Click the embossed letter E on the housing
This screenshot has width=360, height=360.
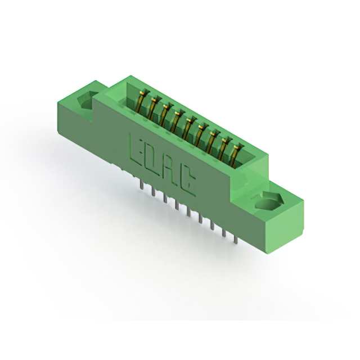(136, 150)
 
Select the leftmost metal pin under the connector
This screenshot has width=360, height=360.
(142, 184)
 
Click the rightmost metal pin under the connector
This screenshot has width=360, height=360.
(235, 238)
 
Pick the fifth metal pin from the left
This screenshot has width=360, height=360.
(188, 211)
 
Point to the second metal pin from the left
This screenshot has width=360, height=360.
(154, 191)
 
